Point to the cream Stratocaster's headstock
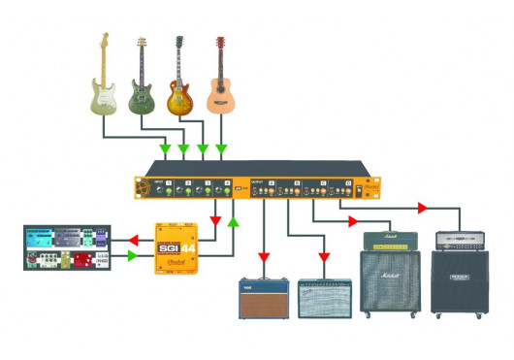103,43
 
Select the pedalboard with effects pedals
66,248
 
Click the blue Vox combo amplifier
264,297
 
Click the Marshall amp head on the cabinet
389,241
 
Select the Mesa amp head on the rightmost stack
459,242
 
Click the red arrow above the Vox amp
264,258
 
